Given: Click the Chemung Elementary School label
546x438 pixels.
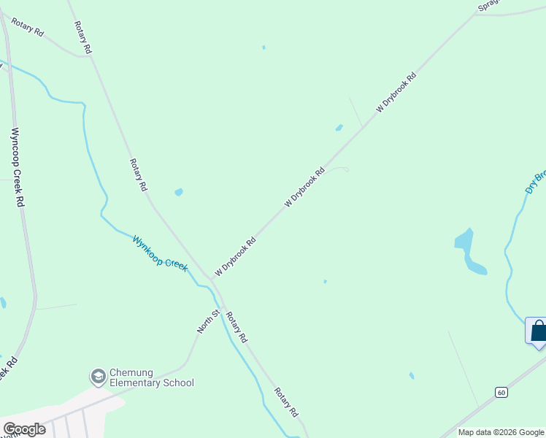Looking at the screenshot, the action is click(151, 377).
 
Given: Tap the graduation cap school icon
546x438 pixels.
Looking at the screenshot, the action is click(97, 377).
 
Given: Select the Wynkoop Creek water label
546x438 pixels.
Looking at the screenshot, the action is click(160, 253).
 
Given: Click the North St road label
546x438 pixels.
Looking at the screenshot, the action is click(208, 322).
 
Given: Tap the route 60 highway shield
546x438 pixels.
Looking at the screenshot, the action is click(501, 392).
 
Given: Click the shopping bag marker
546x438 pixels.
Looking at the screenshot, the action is click(538, 331).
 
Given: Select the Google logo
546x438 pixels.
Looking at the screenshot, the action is click(24, 429).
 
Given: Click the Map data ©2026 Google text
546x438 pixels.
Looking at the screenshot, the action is click(501, 432).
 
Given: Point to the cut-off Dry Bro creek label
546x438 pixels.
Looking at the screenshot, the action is click(535, 182).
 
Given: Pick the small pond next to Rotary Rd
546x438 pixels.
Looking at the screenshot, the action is click(179, 192).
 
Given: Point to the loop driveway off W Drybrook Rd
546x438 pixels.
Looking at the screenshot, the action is click(340, 169).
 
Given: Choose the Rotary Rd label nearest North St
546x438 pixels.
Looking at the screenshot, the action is click(237, 328).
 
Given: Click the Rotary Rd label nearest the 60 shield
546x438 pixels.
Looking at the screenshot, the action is click(286, 402).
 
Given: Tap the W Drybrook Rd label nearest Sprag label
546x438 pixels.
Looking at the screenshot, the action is click(396, 92).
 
